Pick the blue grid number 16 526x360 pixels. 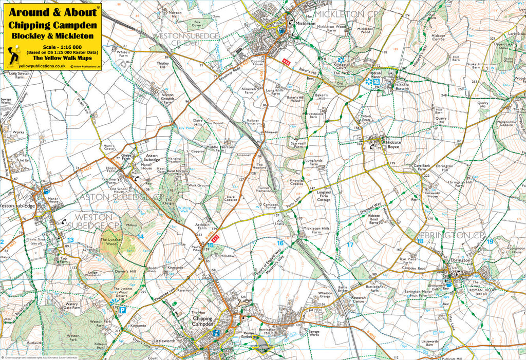(x=280, y=243)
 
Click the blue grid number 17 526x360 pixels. (x=350, y=245)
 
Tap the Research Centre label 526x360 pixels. (x=358, y=300)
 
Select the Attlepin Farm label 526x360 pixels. (x=202, y=226)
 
